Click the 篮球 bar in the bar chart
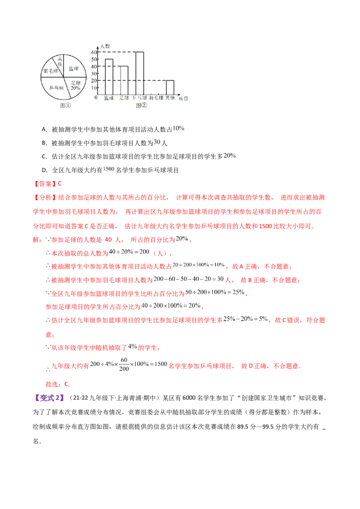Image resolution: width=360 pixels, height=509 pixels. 109,76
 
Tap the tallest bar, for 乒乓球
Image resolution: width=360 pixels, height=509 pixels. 139,73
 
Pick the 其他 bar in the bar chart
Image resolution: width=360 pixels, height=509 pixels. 170,87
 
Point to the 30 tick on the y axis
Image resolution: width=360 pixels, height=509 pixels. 94,73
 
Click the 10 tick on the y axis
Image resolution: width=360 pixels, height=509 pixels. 94,88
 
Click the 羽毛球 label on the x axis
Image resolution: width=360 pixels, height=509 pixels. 156,98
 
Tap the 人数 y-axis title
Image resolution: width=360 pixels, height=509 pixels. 105,46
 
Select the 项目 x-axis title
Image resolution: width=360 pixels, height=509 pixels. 183,98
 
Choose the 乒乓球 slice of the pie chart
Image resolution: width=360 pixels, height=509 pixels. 56,88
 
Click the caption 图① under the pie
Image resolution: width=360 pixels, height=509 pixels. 65,105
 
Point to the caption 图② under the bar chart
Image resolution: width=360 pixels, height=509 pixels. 141,105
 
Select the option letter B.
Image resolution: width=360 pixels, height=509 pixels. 44,143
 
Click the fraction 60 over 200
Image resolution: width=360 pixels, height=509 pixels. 124,364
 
